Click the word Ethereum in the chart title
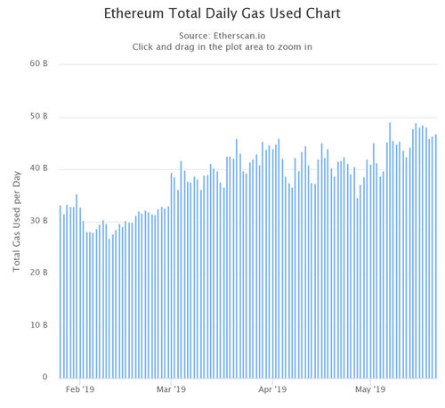[x=135, y=16]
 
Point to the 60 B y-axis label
[x=37, y=64]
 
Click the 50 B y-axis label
[x=37, y=117]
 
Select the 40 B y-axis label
[x=37, y=169]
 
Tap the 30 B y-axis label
[x=37, y=221]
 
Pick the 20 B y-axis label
[x=37, y=273]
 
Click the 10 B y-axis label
[x=37, y=325]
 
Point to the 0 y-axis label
[x=44, y=378]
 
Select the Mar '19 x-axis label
[x=171, y=389]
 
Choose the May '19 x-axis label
[x=371, y=389]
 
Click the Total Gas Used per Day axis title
[x=17, y=221]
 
